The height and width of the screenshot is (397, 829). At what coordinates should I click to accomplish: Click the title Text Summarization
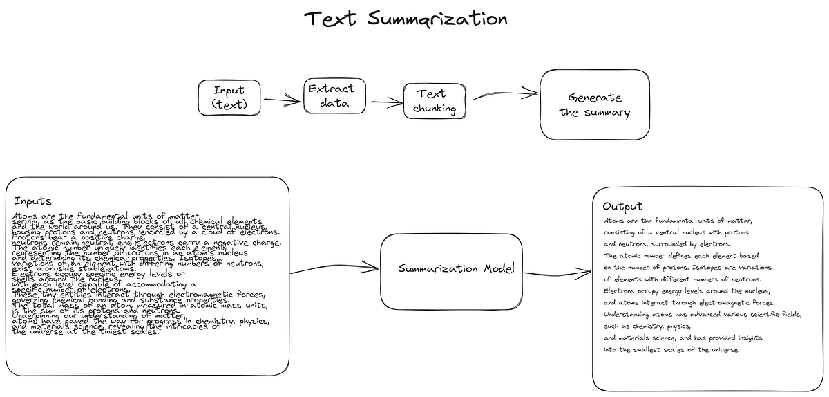click(406, 19)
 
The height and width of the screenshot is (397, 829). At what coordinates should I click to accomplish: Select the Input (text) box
click(229, 98)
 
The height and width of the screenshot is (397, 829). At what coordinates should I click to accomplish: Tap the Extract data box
click(334, 96)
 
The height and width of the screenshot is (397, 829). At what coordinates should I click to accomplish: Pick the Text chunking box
click(435, 101)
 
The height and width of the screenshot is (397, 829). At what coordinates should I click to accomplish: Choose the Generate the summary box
click(594, 104)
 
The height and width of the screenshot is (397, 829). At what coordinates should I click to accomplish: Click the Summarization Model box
click(451, 270)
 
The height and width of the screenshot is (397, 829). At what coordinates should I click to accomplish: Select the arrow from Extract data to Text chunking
click(387, 102)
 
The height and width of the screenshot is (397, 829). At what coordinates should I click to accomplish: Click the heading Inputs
click(32, 201)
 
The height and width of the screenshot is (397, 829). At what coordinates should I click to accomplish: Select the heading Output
click(622, 206)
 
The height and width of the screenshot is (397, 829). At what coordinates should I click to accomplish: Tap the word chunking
click(435, 108)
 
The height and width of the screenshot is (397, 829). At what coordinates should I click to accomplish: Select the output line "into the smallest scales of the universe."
click(671, 349)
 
